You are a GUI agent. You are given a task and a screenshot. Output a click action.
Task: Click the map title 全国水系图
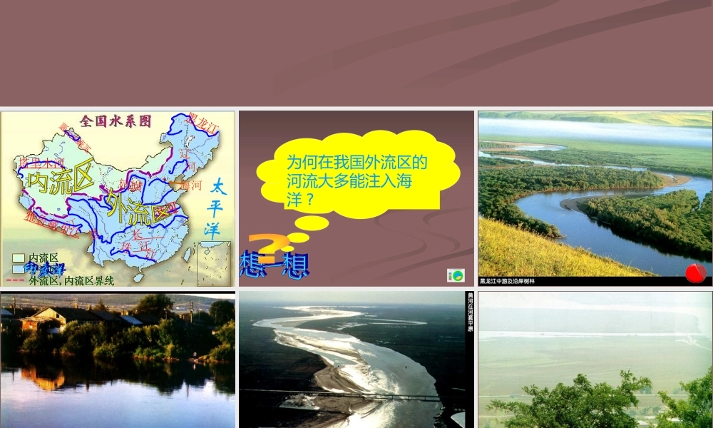point(116,121)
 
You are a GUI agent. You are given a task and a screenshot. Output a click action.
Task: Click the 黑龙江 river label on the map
point(201,123)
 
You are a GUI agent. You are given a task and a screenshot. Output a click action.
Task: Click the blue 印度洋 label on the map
point(44,270)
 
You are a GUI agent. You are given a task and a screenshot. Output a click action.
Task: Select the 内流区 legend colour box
point(19,258)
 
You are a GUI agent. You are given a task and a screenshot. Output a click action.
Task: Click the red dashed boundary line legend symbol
point(19,280)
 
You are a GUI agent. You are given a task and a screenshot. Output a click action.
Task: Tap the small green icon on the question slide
point(456,275)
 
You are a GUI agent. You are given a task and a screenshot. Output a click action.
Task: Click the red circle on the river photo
point(695,272)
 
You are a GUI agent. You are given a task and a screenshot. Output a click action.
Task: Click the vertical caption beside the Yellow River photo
point(469,314)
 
